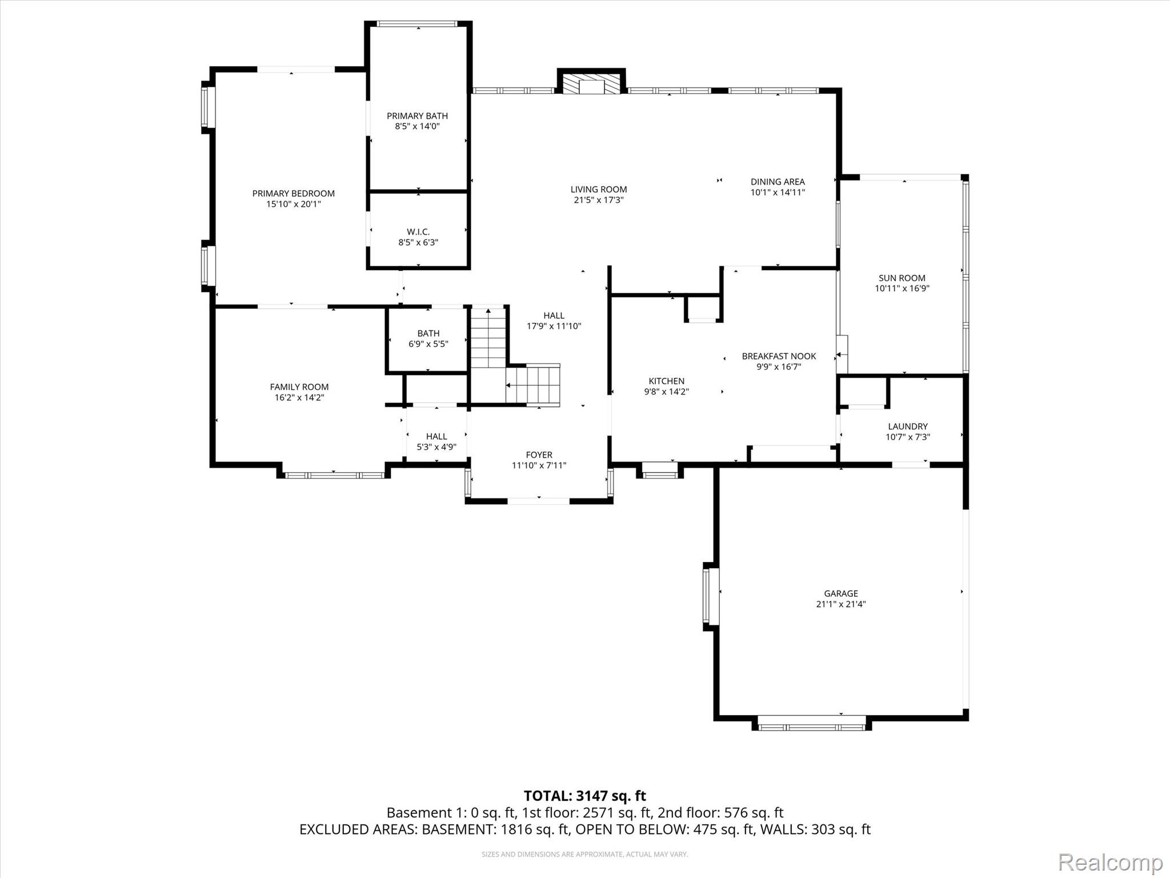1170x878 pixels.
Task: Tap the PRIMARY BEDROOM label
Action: pos(294,194)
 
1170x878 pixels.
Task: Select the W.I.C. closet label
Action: pos(418,232)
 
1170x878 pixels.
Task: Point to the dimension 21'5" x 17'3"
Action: pos(599,200)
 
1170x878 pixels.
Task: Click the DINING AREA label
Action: pos(778,182)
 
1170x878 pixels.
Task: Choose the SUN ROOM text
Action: pos(902,278)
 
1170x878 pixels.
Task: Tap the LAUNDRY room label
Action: pos(908,426)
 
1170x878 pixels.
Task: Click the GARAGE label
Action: pos(841,593)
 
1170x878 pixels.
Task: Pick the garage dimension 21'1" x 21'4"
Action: pos(841,604)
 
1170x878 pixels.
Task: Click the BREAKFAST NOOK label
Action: pos(779,356)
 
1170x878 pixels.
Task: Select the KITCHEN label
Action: pos(666,381)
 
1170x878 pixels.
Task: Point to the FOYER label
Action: pos(539,455)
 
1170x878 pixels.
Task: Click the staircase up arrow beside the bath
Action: pos(488,312)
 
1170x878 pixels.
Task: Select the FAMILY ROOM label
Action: pos(299,387)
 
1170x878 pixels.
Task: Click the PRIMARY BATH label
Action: pos(417,116)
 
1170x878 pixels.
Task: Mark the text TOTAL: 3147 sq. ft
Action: pos(584,796)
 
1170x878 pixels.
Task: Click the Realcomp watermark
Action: pos(1110,862)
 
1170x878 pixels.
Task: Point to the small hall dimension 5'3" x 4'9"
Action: pos(436,447)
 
